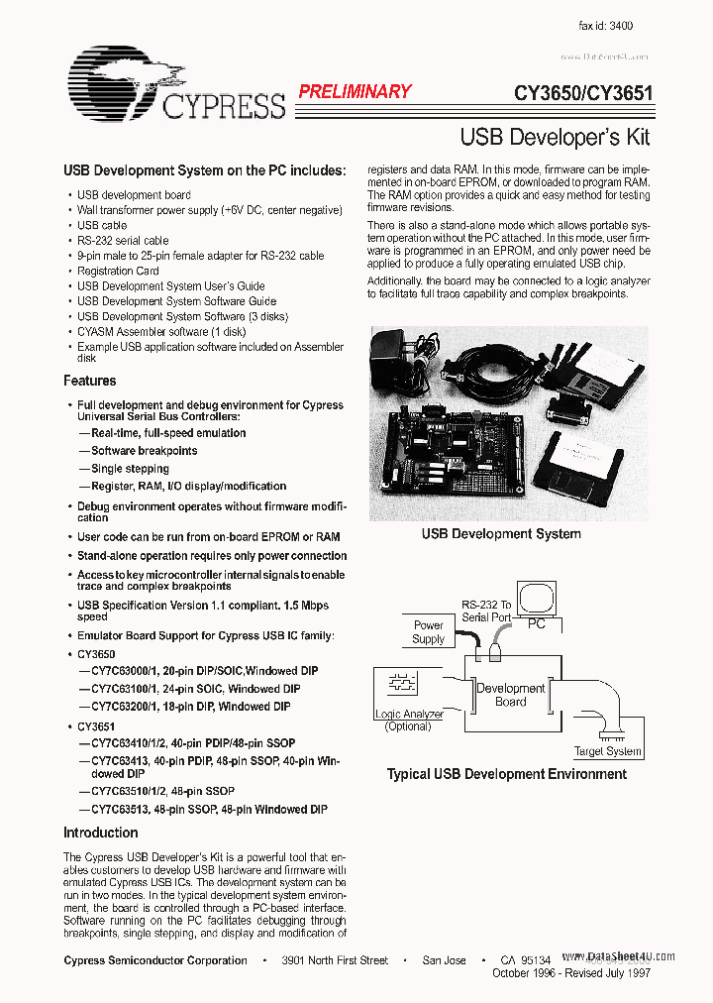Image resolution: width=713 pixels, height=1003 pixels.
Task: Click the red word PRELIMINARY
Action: (x=355, y=91)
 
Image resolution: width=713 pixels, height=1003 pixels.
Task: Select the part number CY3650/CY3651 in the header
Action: (x=582, y=95)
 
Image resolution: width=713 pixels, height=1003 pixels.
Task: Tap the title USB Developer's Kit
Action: (x=555, y=137)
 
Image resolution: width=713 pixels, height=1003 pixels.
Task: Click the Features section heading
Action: (x=90, y=381)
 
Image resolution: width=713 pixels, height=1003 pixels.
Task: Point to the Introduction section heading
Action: (x=101, y=833)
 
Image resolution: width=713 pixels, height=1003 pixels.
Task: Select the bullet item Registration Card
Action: (x=118, y=271)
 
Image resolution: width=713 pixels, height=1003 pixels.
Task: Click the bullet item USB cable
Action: (x=102, y=225)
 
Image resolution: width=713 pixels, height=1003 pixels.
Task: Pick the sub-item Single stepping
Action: (x=130, y=469)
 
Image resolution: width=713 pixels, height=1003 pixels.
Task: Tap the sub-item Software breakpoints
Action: (x=144, y=451)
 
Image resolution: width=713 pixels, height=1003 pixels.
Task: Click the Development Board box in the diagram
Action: (x=511, y=694)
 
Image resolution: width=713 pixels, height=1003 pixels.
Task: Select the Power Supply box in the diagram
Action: (x=428, y=632)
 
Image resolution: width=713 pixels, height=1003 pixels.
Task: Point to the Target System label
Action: (x=608, y=751)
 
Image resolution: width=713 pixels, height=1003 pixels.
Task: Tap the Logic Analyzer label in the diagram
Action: (x=408, y=714)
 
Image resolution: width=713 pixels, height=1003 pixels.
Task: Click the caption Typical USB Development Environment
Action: (x=506, y=774)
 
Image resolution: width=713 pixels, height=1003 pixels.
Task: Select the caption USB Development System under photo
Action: (x=501, y=534)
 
